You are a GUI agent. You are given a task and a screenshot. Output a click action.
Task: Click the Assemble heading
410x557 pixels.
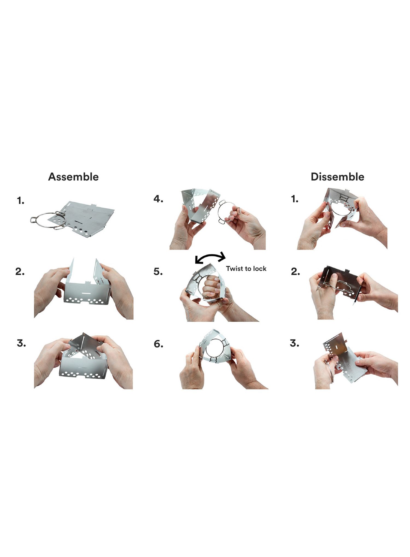[x=73, y=177]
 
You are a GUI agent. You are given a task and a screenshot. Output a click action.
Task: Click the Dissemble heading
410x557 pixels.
[x=337, y=177]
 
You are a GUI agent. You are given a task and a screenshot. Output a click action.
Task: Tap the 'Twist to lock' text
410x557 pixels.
[x=246, y=269]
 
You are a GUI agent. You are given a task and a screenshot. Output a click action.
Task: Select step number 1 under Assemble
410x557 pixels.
[x=20, y=201]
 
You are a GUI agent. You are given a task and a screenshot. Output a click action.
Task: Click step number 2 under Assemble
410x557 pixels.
[x=20, y=272]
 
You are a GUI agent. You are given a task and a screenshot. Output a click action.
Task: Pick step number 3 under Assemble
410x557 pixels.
[x=21, y=343]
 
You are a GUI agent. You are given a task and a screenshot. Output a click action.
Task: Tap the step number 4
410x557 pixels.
[x=158, y=199]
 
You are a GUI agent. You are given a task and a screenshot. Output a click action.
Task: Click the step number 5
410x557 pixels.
[x=158, y=272]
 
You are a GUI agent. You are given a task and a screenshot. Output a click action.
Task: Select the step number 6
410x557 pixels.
[x=159, y=344]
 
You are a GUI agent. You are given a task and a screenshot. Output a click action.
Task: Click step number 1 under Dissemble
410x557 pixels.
[x=295, y=199]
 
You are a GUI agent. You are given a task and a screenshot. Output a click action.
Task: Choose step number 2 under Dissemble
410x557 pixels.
[x=295, y=272]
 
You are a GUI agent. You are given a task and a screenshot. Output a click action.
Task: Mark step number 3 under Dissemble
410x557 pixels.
[x=294, y=343]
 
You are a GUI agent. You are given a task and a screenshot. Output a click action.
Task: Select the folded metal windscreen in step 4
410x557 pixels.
[x=200, y=205]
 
